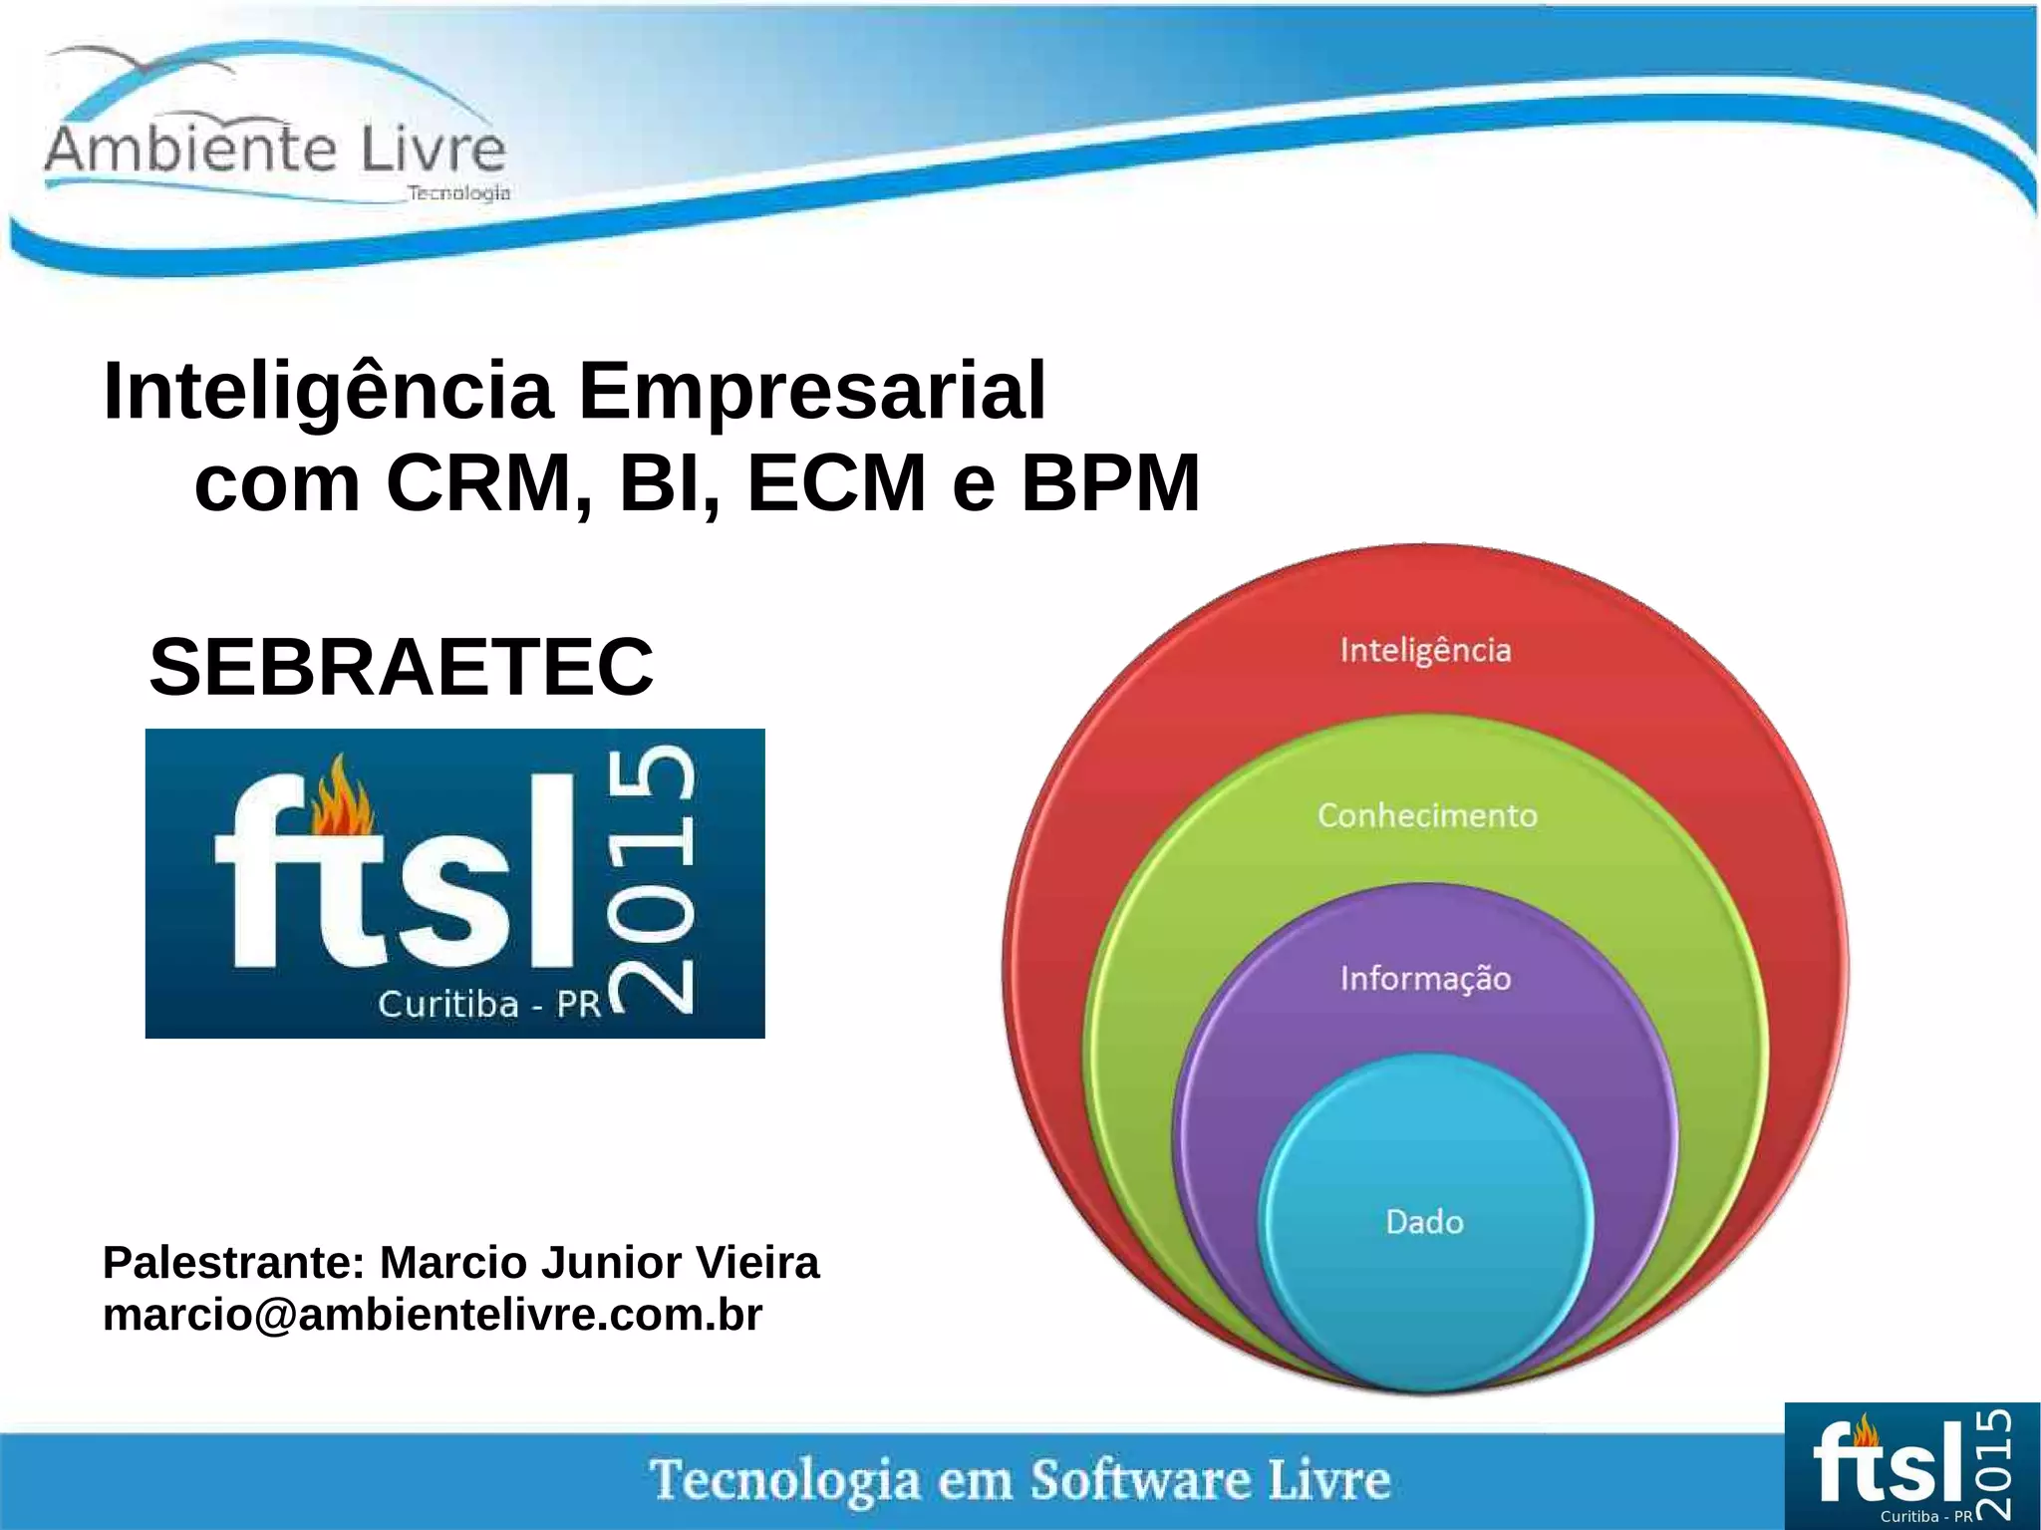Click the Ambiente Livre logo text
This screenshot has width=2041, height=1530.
275,150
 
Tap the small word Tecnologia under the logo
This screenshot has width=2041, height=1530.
458,192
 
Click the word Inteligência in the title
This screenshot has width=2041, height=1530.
328,392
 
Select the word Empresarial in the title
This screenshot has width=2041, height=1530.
812,392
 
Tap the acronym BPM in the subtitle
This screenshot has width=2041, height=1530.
1110,483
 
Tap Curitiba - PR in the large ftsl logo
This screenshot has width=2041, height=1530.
489,1004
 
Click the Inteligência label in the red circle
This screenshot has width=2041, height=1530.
1425,651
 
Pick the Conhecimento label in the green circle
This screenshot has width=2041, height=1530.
1427,815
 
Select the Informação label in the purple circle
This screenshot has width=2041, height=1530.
1425,978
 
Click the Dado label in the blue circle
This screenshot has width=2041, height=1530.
1424,1222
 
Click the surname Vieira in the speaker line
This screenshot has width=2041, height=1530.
756,1263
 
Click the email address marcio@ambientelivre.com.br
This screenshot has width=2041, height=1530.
433,1315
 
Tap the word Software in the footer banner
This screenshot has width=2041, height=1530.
1140,1479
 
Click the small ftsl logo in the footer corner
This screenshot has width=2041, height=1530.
1911,1466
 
